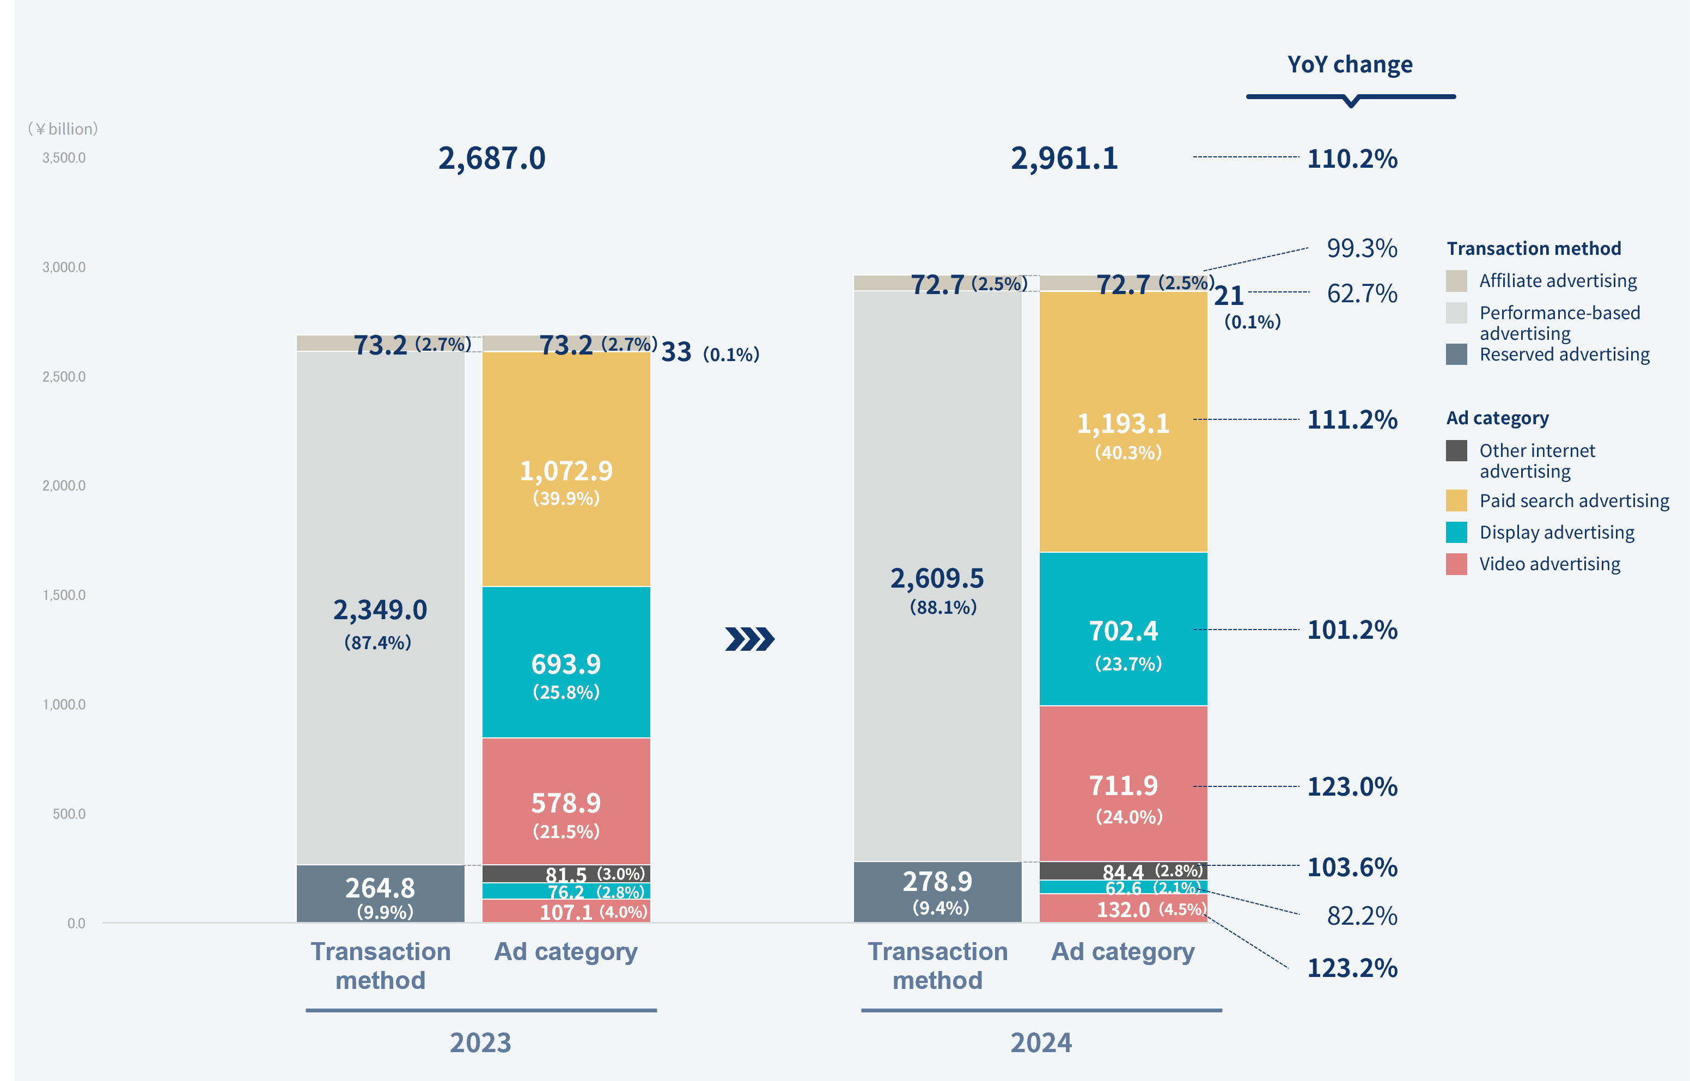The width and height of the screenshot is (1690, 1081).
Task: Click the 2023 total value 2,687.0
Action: point(491,158)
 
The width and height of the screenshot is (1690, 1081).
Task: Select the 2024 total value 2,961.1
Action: point(1064,158)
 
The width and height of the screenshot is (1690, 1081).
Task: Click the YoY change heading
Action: point(1350,65)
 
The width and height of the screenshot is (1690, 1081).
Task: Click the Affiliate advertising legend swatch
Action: point(1456,281)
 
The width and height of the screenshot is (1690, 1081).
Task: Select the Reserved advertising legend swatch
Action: point(1456,354)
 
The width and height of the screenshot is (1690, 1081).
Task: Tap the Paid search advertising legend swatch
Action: point(1456,500)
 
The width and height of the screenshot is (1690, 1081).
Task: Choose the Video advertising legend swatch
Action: point(1456,564)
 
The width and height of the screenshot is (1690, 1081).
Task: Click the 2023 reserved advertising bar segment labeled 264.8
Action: point(380,893)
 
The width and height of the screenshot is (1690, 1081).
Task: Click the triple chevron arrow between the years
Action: point(749,639)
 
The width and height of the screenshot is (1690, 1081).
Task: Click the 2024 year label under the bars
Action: point(1041,1043)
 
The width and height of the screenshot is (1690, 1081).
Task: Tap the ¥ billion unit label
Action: point(63,129)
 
